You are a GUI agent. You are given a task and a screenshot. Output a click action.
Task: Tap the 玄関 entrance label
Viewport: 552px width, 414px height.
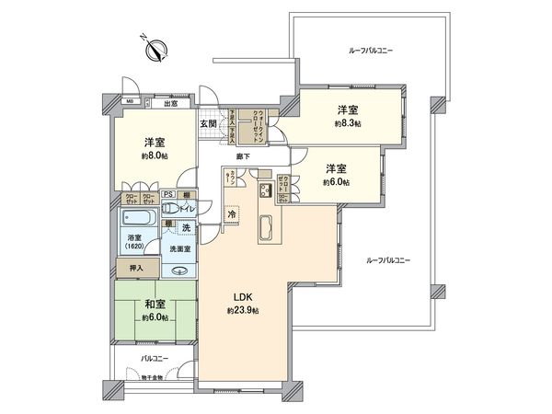click(x=208, y=122)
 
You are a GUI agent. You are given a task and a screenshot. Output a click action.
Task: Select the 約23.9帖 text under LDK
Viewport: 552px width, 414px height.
click(x=243, y=311)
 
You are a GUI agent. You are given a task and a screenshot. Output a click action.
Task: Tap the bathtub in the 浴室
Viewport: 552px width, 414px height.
click(x=139, y=221)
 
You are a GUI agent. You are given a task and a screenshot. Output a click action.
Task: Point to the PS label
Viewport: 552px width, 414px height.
click(x=168, y=194)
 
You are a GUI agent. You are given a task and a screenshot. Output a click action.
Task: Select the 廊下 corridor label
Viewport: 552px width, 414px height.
click(x=244, y=156)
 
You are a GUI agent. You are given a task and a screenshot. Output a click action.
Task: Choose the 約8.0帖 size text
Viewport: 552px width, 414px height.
click(x=154, y=156)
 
